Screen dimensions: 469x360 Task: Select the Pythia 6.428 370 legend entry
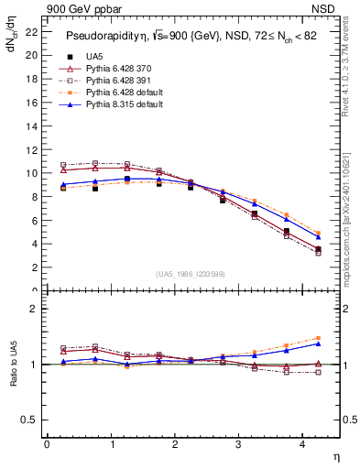[115, 69]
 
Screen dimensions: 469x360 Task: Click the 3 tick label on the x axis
[239, 445]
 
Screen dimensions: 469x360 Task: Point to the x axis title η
[335, 457]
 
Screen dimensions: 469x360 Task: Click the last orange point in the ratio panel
[319, 338]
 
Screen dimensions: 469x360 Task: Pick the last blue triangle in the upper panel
[319, 237]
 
